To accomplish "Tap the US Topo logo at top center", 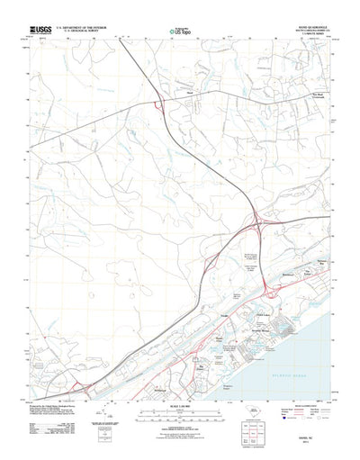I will click(x=180, y=30).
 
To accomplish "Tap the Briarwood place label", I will click(x=288, y=270).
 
